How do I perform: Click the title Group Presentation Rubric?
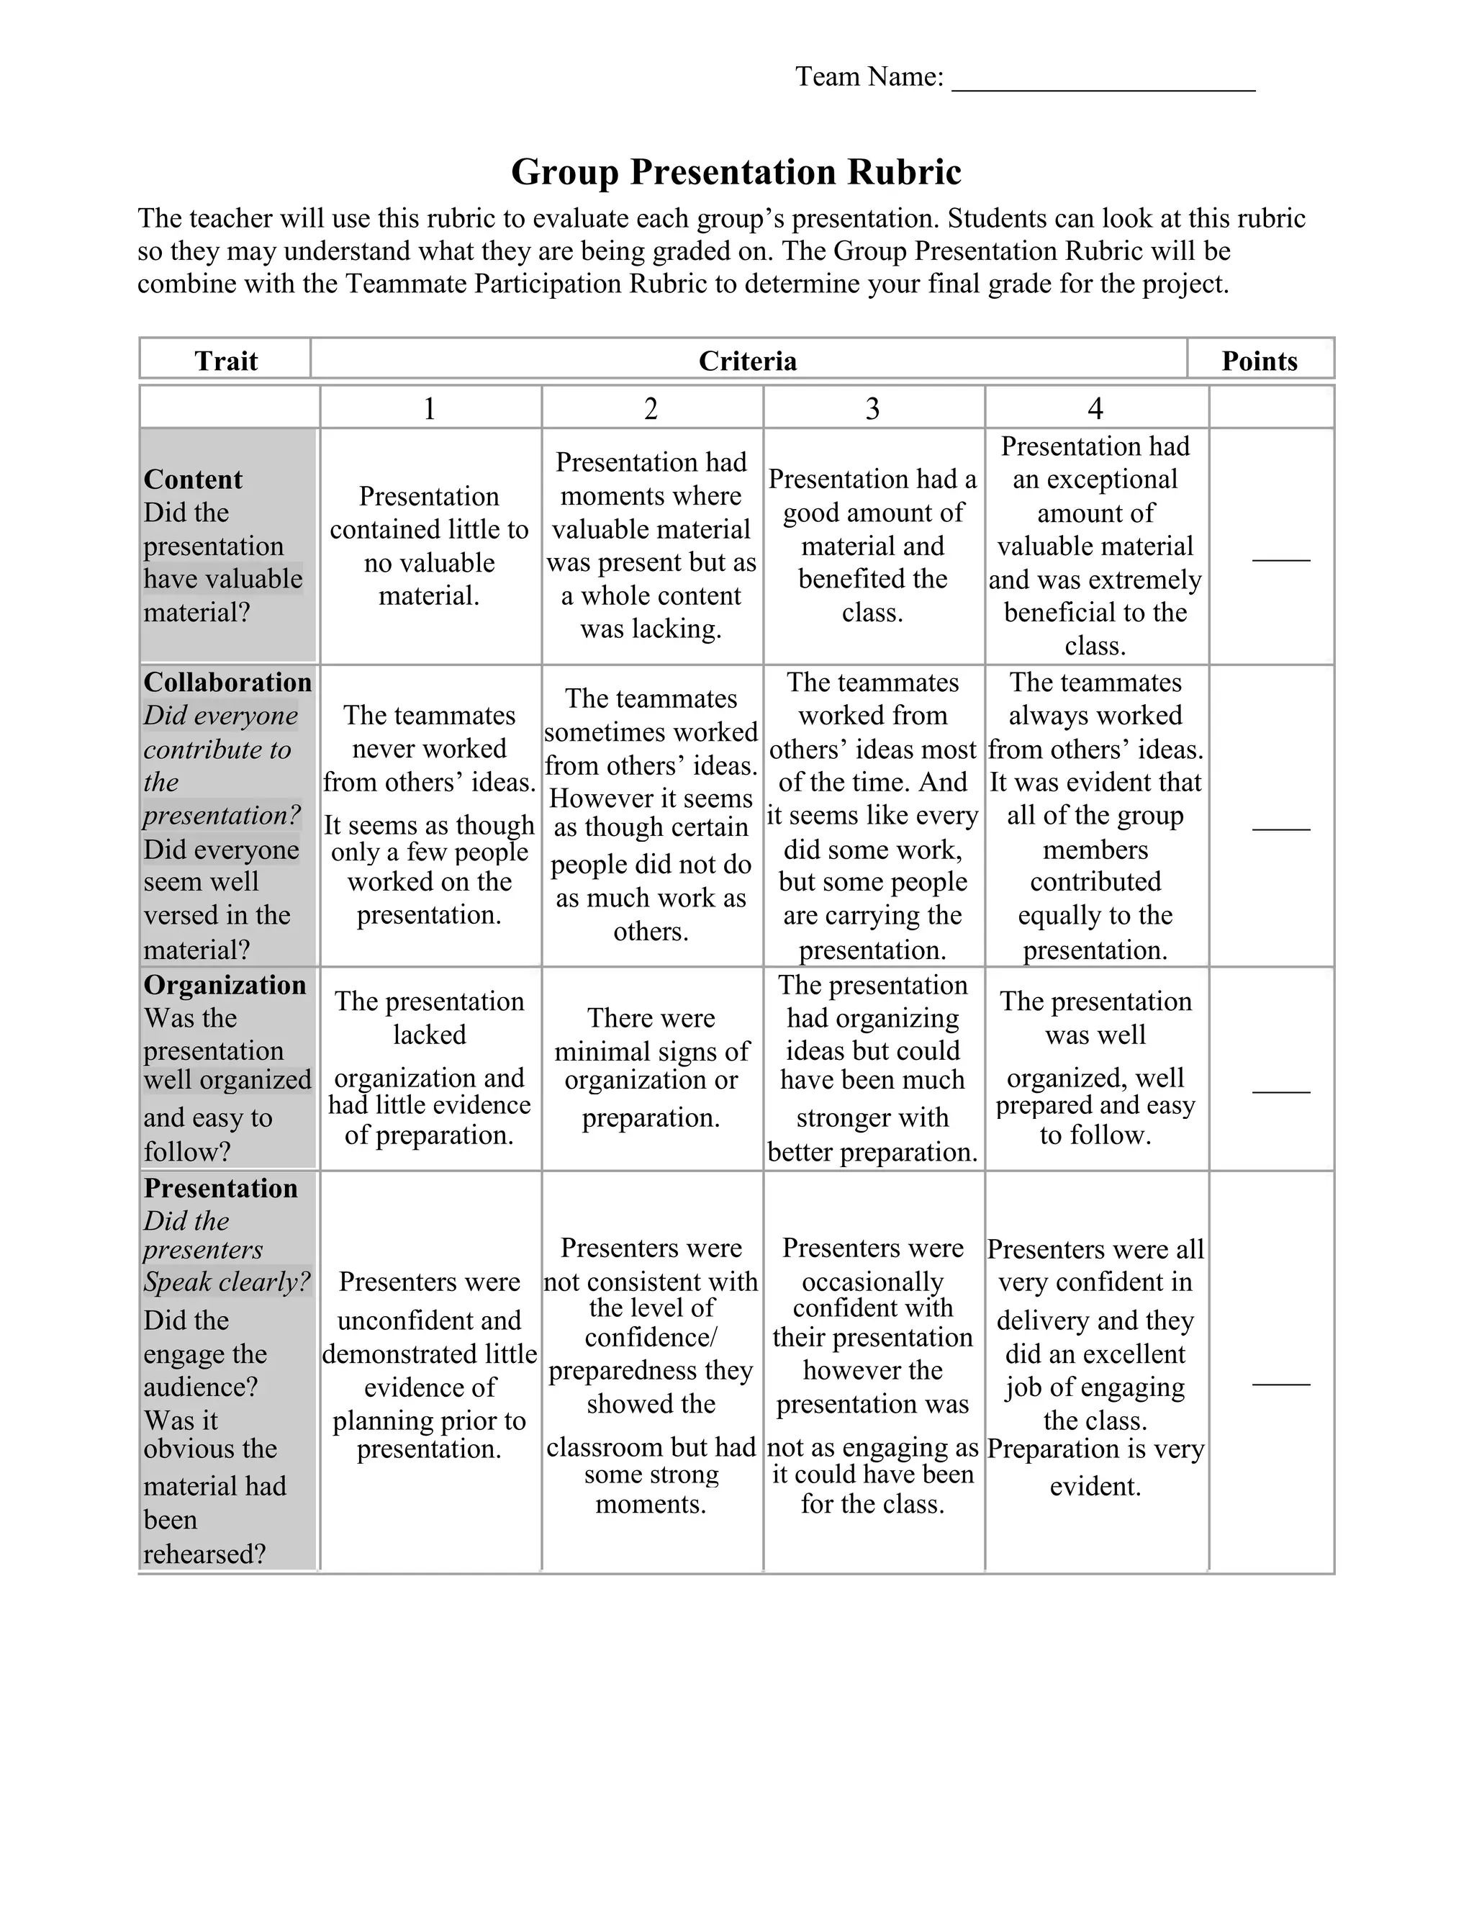[736, 171]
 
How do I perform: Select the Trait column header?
[225, 361]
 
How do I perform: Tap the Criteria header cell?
[748, 361]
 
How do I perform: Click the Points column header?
[1260, 361]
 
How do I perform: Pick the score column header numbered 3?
[872, 408]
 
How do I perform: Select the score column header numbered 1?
[429, 408]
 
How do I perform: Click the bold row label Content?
[193, 479]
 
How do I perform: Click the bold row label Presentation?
[220, 1188]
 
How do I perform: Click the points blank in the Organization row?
[1280, 1090]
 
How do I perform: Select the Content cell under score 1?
[429, 546]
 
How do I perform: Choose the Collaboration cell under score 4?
[1095, 815]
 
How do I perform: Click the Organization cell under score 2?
[651, 1067]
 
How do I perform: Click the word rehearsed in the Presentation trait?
[204, 1553]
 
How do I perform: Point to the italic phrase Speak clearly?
[227, 1282]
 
